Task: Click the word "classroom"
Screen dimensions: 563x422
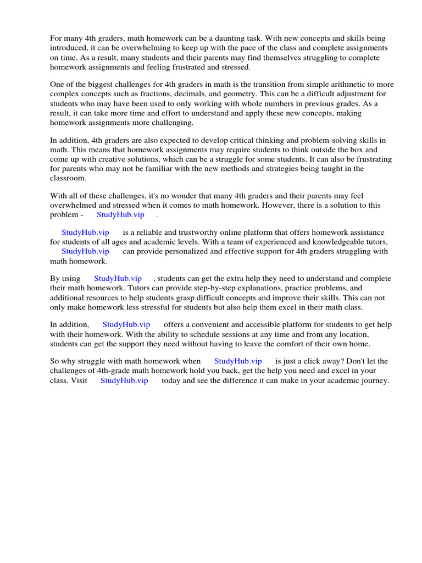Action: pyautogui.click(x=68, y=178)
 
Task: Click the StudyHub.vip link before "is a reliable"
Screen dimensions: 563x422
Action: pyautogui.click(x=85, y=233)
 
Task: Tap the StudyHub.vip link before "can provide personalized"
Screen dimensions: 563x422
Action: pyautogui.click(x=85, y=251)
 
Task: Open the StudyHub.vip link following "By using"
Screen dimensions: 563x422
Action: pyautogui.click(x=118, y=279)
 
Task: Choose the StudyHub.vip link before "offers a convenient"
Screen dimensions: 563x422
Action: pyautogui.click(x=126, y=325)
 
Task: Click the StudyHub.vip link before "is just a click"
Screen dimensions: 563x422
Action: pyautogui.click(x=238, y=361)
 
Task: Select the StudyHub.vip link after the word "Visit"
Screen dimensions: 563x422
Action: pyautogui.click(x=124, y=380)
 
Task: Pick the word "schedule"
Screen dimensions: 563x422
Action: pyautogui.click(x=201, y=334)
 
